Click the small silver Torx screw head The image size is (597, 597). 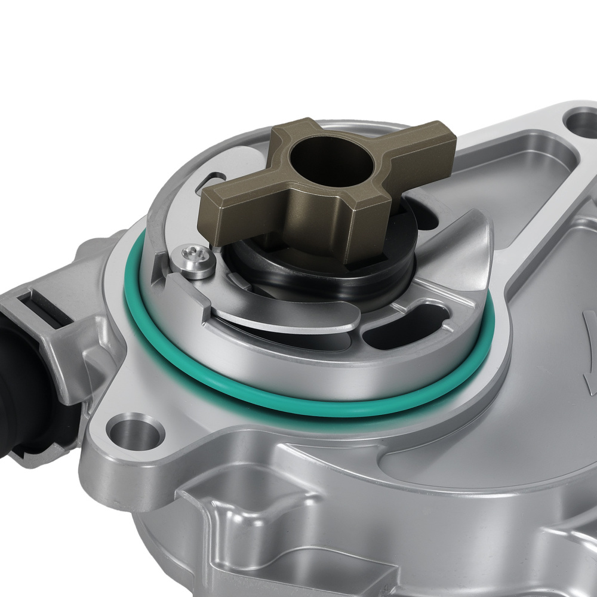(193, 261)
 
